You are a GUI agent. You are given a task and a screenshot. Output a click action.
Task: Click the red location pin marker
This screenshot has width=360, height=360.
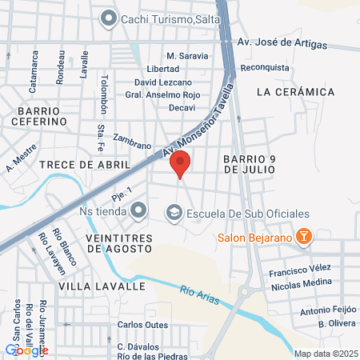point(180,165)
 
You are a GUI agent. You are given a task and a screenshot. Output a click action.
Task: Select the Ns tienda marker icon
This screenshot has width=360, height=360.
point(139,211)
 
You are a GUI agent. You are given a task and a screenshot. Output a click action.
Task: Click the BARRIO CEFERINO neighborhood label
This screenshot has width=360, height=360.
point(38,115)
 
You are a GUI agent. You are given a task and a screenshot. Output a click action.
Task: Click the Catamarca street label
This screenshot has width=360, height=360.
point(34,70)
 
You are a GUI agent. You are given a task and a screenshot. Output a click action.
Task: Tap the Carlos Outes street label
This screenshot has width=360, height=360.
point(142,325)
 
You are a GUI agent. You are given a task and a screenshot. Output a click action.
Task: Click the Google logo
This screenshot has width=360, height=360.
point(26,350)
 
